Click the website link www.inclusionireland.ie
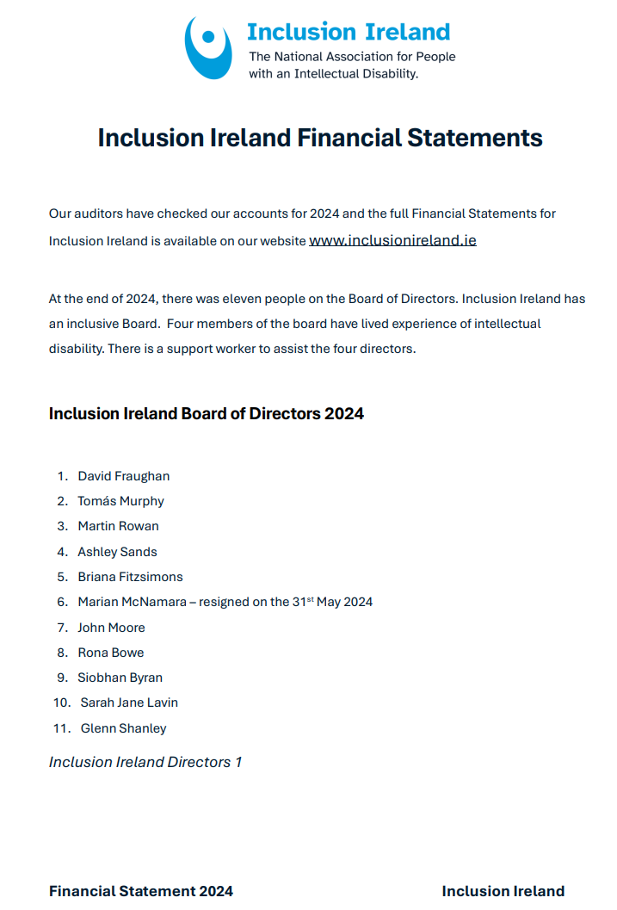point(392,240)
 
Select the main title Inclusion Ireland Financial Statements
point(320,138)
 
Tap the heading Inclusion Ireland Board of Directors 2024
point(207,414)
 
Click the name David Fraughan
point(124,476)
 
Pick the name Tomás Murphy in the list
point(120,501)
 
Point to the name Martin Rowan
point(118,526)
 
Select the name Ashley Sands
point(117,552)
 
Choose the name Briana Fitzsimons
point(130,577)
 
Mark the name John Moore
point(111,628)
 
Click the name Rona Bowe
point(111,653)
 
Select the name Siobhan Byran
point(120,678)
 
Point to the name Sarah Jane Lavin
point(129,703)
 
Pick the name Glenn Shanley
point(123,728)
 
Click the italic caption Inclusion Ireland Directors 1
point(145,762)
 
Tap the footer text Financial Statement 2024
point(141,891)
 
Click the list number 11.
point(61,728)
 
